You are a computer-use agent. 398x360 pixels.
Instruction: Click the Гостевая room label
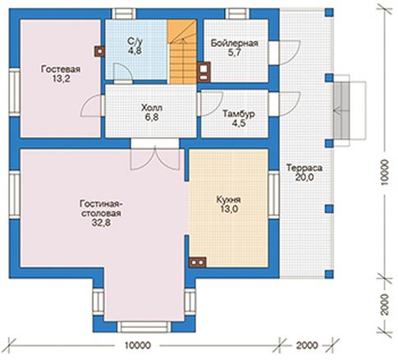tap(61, 69)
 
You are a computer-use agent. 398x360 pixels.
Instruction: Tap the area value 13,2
tap(62, 79)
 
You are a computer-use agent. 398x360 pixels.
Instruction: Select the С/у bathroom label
tap(135, 41)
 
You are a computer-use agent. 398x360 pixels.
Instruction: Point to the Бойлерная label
tap(235, 43)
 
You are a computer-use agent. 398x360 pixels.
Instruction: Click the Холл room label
tap(152, 107)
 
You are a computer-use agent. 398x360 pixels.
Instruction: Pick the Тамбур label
tap(239, 113)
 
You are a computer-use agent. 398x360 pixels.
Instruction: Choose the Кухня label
tap(228, 199)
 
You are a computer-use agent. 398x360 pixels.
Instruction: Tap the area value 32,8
tap(101, 223)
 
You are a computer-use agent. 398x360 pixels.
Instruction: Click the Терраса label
tap(304, 167)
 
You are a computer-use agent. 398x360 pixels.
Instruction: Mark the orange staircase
tap(182, 52)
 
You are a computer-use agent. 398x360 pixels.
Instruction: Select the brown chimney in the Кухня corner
tap(198, 262)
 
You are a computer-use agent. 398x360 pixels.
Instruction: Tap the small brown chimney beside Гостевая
tap(99, 51)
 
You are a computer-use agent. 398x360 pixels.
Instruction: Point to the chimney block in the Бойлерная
tap(204, 72)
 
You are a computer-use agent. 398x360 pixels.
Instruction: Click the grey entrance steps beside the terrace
tap(341, 111)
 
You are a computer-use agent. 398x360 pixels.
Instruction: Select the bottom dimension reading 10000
tap(138, 345)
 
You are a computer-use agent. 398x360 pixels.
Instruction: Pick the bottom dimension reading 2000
tap(307, 345)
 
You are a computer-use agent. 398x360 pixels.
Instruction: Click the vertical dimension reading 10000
tap(384, 172)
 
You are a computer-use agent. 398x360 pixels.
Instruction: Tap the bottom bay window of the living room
tap(144, 326)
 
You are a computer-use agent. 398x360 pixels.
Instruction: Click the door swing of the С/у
tap(122, 72)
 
